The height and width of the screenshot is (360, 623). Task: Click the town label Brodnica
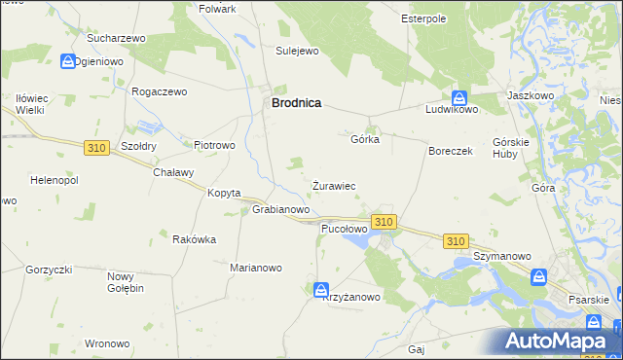click(x=296, y=102)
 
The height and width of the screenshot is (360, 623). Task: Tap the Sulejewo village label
click(x=297, y=51)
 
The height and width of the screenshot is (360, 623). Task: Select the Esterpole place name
click(x=423, y=18)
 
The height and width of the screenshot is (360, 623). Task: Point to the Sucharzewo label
click(x=116, y=38)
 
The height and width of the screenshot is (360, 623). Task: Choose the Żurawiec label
click(x=333, y=185)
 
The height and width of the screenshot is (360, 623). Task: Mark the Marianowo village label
click(x=255, y=268)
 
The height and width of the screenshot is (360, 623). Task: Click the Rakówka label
click(x=194, y=239)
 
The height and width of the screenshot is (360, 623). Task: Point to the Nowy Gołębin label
click(x=126, y=282)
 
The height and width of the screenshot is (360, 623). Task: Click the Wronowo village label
click(x=107, y=343)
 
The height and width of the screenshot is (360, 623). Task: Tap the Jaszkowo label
click(x=531, y=96)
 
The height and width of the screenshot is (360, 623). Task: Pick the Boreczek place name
click(x=451, y=152)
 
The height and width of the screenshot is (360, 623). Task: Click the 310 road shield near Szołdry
click(x=95, y=148)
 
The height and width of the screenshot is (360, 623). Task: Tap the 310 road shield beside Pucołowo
click(x=384, y=222)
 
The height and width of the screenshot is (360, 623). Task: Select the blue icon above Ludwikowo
click(x=459, y=97)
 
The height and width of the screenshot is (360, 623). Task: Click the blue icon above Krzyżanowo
click(x=321, y=289)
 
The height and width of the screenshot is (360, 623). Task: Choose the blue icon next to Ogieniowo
click(x=67, y=60)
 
